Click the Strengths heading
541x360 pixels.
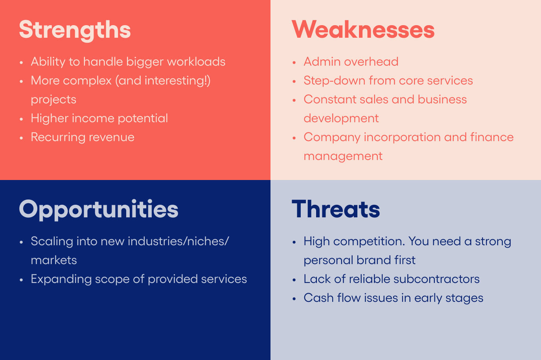click(75, 30)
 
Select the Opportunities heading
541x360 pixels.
click(99, 210)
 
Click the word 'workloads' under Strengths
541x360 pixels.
click(196, 62)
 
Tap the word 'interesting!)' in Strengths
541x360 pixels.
click(178, 81)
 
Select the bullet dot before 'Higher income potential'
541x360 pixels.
click(21, 119)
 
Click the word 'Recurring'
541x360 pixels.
click(58, 138)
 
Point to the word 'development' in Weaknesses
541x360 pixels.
click(341, 119)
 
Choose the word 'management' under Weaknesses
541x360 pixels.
click(343, 156)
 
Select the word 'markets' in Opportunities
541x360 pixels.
click(54, 260)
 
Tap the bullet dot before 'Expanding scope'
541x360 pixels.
click(21, 280)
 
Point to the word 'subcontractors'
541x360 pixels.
click(436, 279)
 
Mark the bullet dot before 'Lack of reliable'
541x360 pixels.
click(294, 280)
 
